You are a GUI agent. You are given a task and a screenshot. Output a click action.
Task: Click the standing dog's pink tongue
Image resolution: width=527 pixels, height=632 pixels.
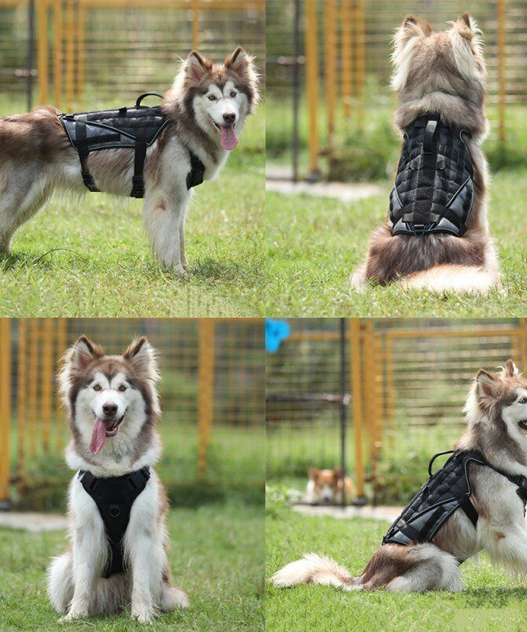click(x=229, y=136)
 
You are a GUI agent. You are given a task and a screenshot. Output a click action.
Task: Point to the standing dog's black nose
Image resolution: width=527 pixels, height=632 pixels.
click(x=229, y=118)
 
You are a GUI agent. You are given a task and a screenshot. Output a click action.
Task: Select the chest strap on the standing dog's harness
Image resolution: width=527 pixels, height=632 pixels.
click(x=195, y=170)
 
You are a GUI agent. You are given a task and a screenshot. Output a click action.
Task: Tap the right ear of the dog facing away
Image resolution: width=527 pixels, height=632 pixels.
click(x=466, y=27)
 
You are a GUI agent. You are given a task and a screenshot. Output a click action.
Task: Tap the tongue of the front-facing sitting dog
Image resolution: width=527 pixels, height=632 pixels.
click(x=99, y=435)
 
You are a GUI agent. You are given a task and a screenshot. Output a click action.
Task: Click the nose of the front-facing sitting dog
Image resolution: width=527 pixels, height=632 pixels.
click(x=109, y=408)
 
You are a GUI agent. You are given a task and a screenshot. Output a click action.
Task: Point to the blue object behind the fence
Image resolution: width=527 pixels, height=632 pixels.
click(x=276, y=333)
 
